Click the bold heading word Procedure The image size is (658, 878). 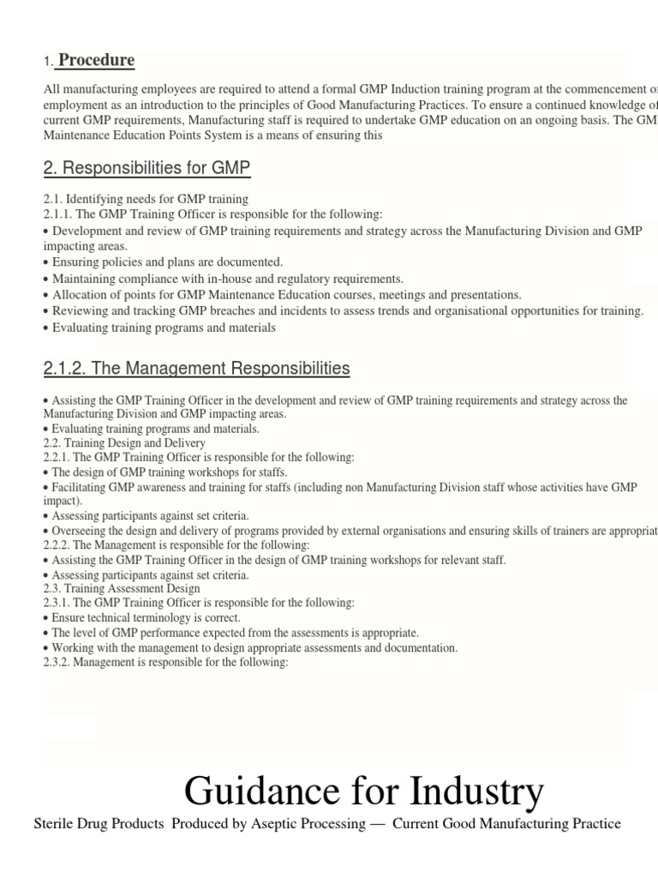pos(96,60)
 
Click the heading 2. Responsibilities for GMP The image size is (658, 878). pos(147,169)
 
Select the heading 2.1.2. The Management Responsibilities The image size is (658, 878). pos(196,369)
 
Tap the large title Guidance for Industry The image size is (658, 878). pos(363,790)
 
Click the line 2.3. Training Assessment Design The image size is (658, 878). pos(122,588)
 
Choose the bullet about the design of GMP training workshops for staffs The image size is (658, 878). pos(169,472)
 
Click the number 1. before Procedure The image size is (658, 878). pos(48,62)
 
